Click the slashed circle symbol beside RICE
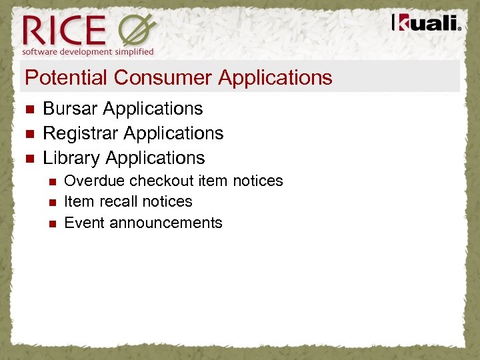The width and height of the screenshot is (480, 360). (137, 30)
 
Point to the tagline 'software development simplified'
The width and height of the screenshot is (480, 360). (88, 51)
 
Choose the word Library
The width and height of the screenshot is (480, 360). (71, 158)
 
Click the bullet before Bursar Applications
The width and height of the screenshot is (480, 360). (28, 109)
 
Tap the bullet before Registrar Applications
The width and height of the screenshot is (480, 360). (28, 134)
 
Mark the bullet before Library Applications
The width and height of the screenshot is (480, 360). (28, 159)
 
